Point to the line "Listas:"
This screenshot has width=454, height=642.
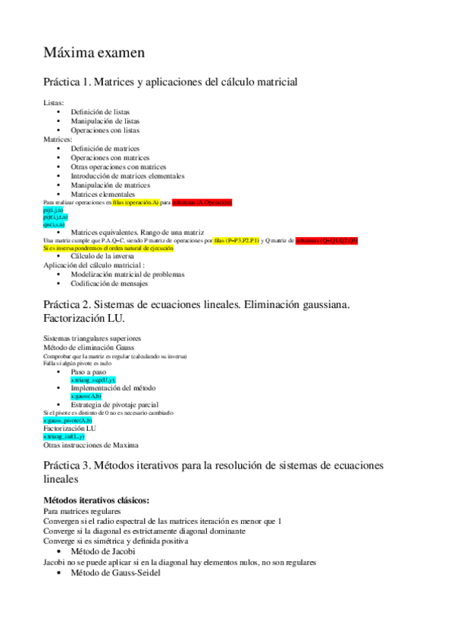[54, 103]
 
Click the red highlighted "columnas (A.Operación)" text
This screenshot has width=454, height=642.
[202, 203]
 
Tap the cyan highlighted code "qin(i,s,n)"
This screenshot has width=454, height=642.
[54, 225]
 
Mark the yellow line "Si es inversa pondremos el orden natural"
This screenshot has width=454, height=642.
[108, 248]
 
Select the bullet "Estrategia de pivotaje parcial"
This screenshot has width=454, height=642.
[118, 404]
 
